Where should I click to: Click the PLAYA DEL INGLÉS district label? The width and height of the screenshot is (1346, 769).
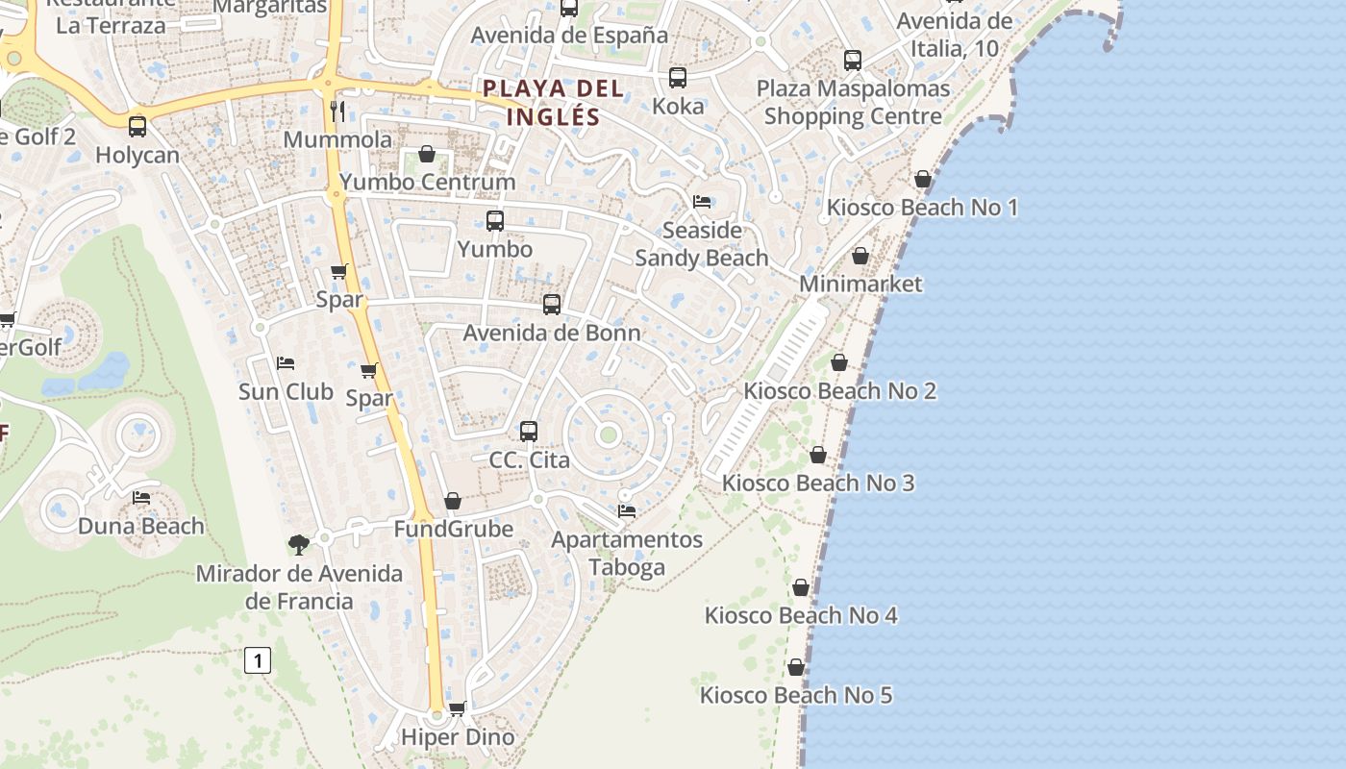553,103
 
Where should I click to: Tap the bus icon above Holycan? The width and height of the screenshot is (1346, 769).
137,126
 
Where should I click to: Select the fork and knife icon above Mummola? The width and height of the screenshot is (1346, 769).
336,111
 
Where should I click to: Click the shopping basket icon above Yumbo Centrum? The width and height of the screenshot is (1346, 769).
427,154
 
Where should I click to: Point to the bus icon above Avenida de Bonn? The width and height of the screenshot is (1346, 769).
551,305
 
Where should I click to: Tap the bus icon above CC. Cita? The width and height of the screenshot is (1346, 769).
528,432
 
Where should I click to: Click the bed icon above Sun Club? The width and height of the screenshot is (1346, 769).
286,363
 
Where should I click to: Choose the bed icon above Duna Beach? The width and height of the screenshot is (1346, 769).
141,498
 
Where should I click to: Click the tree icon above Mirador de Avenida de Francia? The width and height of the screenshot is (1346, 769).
299,545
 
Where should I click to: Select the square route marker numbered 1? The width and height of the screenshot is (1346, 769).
258,661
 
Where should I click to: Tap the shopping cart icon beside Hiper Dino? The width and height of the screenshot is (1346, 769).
458,708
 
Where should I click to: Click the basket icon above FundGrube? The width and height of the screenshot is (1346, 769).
453,501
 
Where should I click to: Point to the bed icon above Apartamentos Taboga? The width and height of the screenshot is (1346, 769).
627,510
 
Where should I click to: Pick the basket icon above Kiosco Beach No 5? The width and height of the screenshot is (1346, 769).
796,667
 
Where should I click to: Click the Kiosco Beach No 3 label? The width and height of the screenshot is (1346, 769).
818,483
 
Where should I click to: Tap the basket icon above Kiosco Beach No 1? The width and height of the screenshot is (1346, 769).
923,179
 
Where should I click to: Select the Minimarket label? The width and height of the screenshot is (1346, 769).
860,284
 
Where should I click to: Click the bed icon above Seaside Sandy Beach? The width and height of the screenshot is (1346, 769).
702,202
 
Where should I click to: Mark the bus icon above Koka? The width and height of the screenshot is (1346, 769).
678,78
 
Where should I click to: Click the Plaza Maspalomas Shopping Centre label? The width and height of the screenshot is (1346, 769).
853,103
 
